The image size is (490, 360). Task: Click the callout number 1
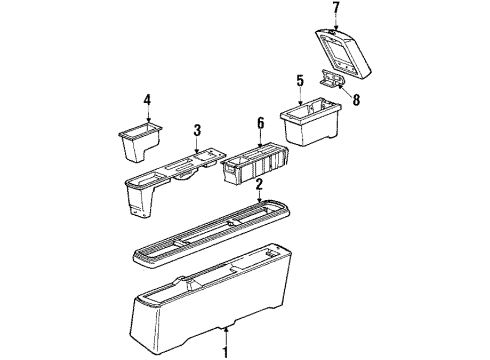(x=226, y=352)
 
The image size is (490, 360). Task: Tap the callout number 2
(x=259, y=185)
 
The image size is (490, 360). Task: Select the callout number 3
(x=197, y=130)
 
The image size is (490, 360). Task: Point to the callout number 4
(x=148, y=100)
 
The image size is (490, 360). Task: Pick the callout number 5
(x=300, y=81)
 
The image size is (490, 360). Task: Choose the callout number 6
(x=260, y=123)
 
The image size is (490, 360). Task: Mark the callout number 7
(x=336, y=8)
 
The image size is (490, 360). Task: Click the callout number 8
(x=356, y=99)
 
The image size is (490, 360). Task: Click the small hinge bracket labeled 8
(x=331, y=78)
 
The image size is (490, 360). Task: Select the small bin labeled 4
(x=140, y=141)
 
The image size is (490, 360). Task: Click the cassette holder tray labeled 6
(x=254, y=162)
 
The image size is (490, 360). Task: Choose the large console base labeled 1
(x=211, y=297)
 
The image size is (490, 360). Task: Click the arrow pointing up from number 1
(x=226, y=336)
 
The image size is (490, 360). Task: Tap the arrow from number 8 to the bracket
(x=345, y=89)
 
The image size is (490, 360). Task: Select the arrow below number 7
(x=336, y=24)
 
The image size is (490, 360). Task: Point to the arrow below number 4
(x=148, y=115)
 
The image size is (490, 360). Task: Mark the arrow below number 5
(x=301, y=97)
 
